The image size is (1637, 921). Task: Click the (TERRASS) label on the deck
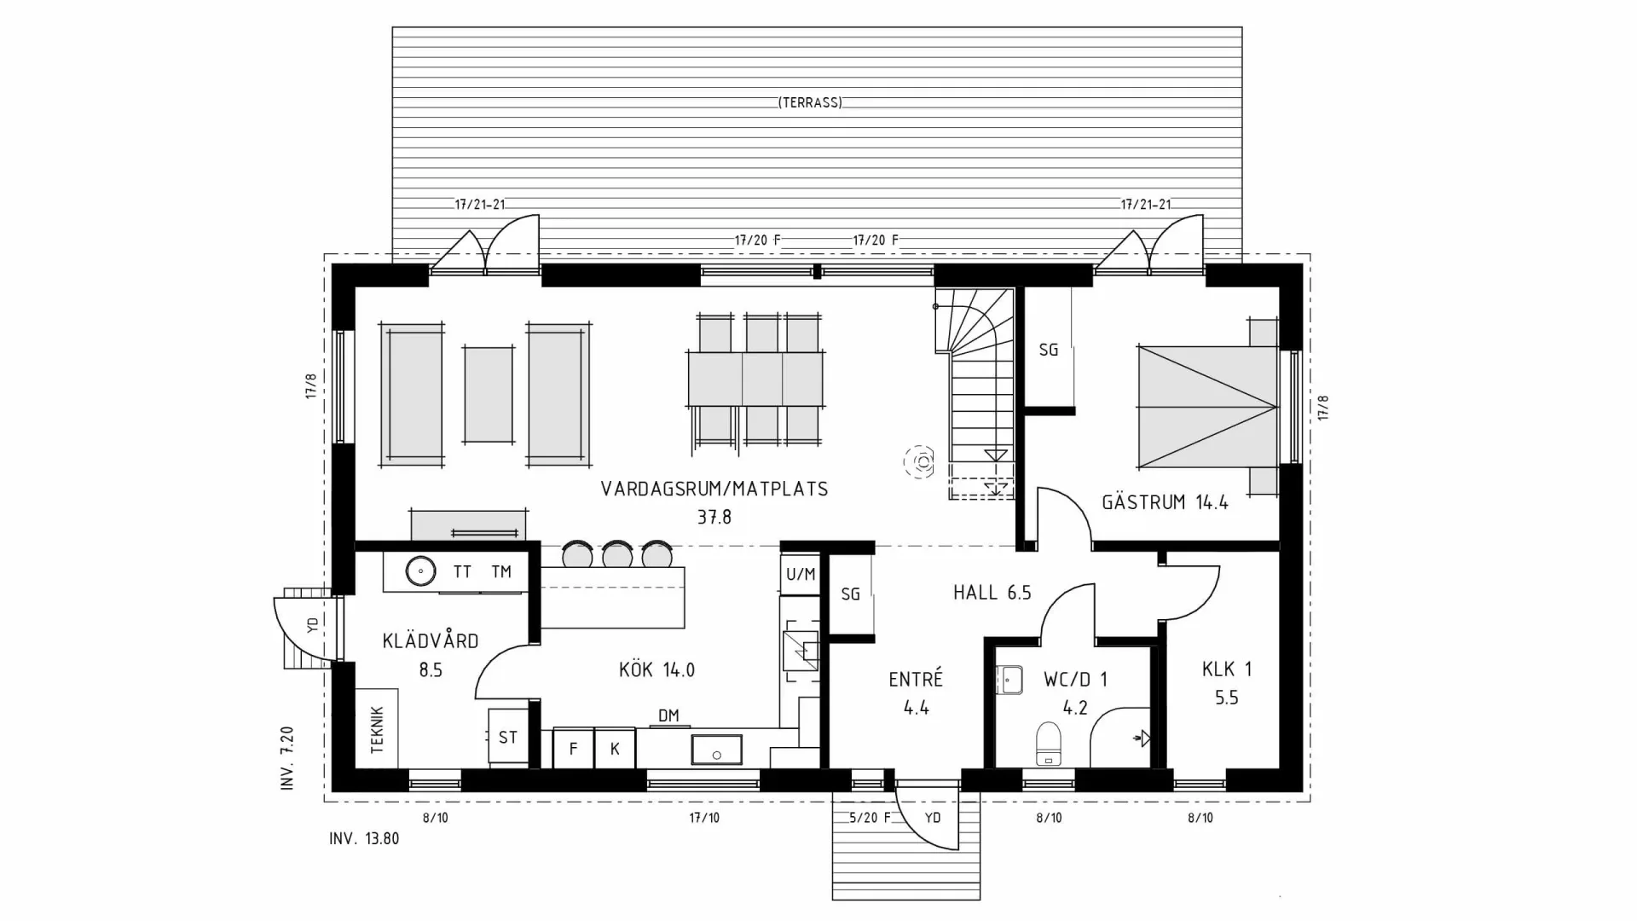[810, 102]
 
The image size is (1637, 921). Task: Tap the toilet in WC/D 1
[1048, 744]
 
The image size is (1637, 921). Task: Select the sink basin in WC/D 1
[1009, 681]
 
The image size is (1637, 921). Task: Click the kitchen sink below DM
[716, 750]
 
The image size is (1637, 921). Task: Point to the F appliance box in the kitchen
[573, 749]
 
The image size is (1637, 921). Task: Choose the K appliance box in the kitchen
[615, 749]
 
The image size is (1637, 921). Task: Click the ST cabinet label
[508, 738]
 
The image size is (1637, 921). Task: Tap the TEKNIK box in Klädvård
[377, 730]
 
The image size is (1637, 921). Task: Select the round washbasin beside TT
[419, 571]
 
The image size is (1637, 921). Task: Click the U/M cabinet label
[800, 575]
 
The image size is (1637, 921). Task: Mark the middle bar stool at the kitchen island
[616, 554]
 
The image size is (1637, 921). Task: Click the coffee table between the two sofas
[489, 394]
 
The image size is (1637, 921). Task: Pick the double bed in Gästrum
[1206, 407]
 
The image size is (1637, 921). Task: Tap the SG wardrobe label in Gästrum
[1048, 350]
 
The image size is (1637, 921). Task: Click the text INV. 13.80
[364, 838]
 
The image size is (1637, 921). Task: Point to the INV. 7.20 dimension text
[287, 758]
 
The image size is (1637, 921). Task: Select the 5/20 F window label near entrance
[870, 818]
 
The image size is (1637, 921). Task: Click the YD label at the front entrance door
[933, 818]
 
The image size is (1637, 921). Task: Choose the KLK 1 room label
[1226, 669]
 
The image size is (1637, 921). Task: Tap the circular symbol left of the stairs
[921, 462]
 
